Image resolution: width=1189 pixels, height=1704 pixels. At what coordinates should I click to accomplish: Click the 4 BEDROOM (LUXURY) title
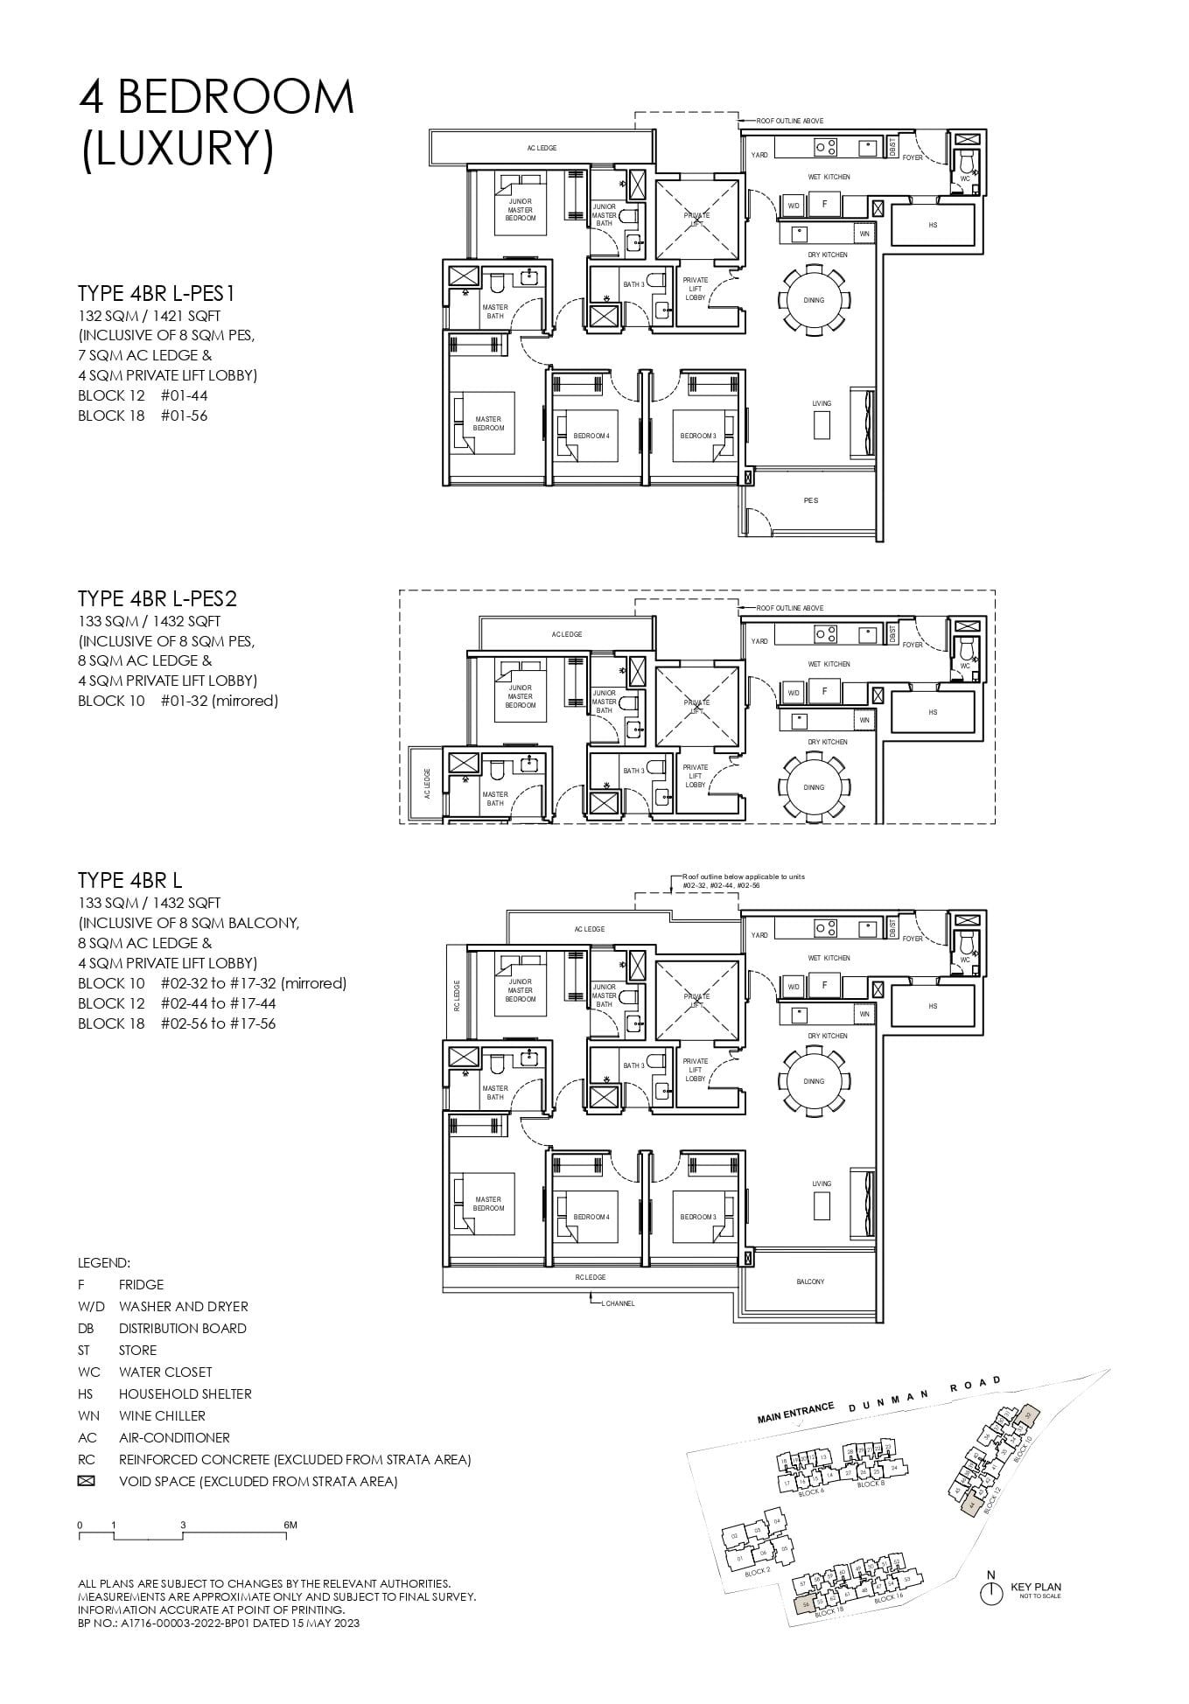pos(216,122)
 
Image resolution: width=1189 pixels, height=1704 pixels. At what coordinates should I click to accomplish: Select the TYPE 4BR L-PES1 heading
pos(157,292)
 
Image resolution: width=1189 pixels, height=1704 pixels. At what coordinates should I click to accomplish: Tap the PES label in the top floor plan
pos(810,500)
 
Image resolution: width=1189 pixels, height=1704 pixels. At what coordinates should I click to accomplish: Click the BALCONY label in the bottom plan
pos(810,1281)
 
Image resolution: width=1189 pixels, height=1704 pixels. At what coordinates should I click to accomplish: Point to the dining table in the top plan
pos(814,300)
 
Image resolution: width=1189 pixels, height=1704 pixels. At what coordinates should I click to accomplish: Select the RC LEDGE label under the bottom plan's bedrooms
pos(590,1277)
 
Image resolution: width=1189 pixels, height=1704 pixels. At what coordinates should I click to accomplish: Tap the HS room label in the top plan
pos(933,225)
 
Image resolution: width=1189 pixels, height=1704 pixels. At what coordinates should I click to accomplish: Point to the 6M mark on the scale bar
pos(290,1526)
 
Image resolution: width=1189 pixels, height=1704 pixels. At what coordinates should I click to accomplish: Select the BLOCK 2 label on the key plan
pos(757,1572)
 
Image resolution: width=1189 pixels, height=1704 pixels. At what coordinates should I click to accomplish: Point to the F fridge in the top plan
pos(824,204)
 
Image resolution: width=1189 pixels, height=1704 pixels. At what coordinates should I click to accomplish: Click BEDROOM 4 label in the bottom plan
pos(591,1217)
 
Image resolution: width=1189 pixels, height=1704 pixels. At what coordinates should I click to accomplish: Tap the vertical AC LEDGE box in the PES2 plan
pos(427,783)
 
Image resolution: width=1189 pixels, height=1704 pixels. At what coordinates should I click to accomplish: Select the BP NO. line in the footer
pos(218,1623)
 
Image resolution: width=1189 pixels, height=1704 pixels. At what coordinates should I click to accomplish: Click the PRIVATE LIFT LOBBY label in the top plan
pos(696,290)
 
